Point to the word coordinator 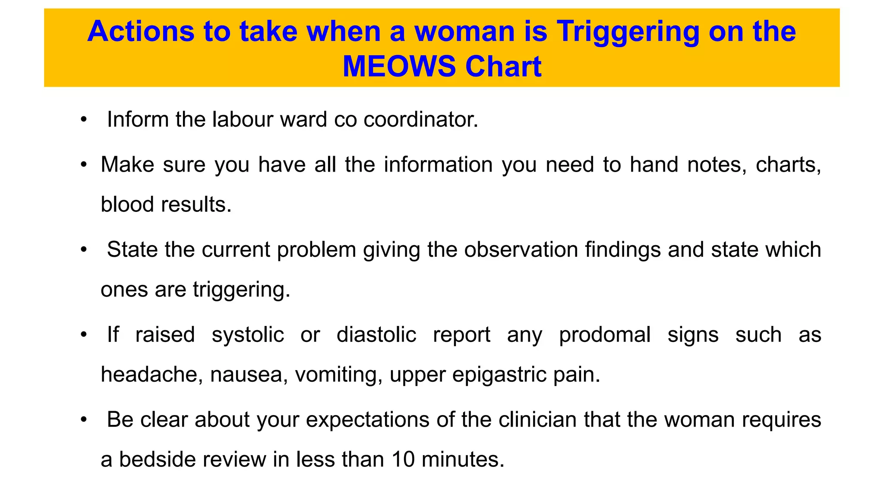coord(421,119)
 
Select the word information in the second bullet coord(438,165)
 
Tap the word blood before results coord(127,204)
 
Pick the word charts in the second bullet coord(788,165)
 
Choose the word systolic coord(248,335)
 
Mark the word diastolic coord(376,335)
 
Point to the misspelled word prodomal coord(605,335)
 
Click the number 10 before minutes coord(403,460)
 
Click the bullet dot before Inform coord(84,119)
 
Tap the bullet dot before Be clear coord(84,420)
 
